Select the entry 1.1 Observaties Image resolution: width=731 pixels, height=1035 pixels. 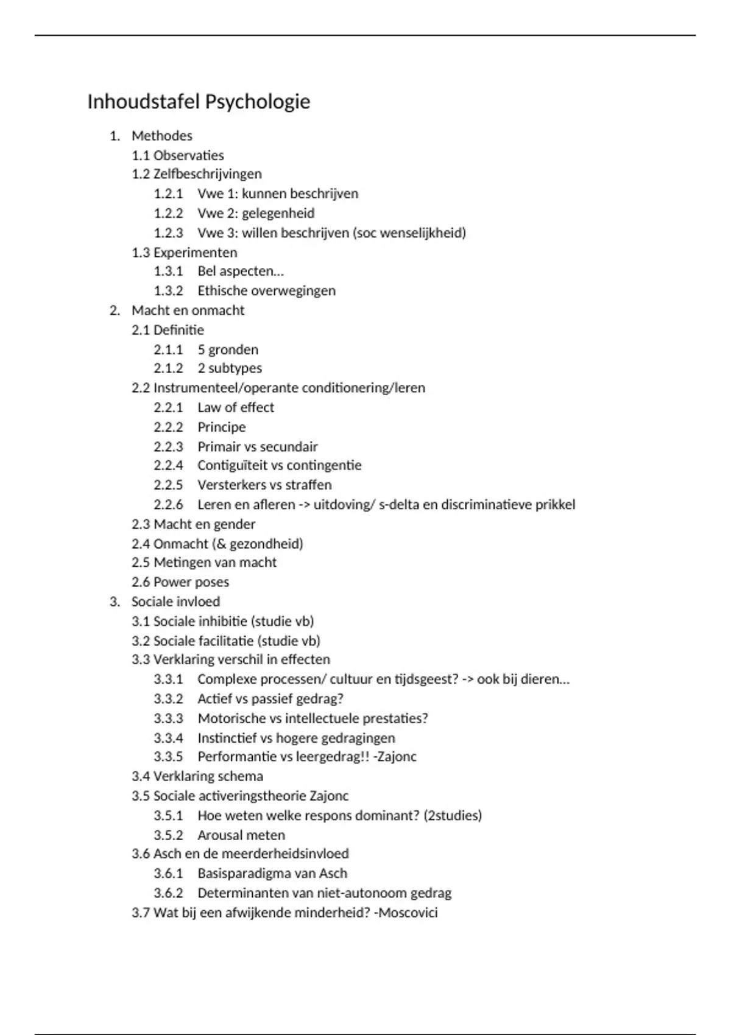[177, 155]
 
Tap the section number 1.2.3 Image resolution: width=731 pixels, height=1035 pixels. [168, 233]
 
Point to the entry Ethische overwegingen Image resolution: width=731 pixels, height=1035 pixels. [266, 290]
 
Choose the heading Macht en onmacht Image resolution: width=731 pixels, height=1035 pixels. [188, 310]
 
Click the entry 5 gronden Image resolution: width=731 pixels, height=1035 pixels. [227, 349]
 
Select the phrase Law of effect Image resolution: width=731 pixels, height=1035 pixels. [236, 407]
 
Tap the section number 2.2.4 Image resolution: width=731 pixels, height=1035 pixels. [168, 465]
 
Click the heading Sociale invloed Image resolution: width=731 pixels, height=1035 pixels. [175, 602]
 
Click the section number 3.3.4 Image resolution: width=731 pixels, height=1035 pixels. [168, 738]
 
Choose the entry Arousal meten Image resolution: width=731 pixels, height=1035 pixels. [241, 835]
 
